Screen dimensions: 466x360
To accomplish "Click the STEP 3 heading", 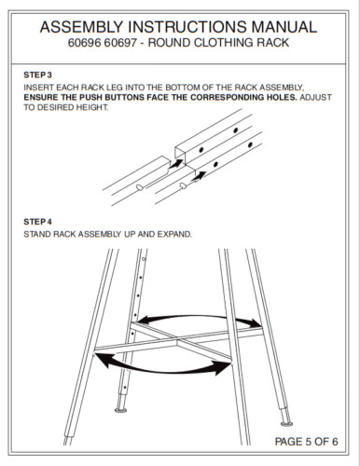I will [x=37, y=73].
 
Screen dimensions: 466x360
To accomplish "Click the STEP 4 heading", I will [x=37, y=222].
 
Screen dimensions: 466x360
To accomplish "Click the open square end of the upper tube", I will [x=183, y=146].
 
